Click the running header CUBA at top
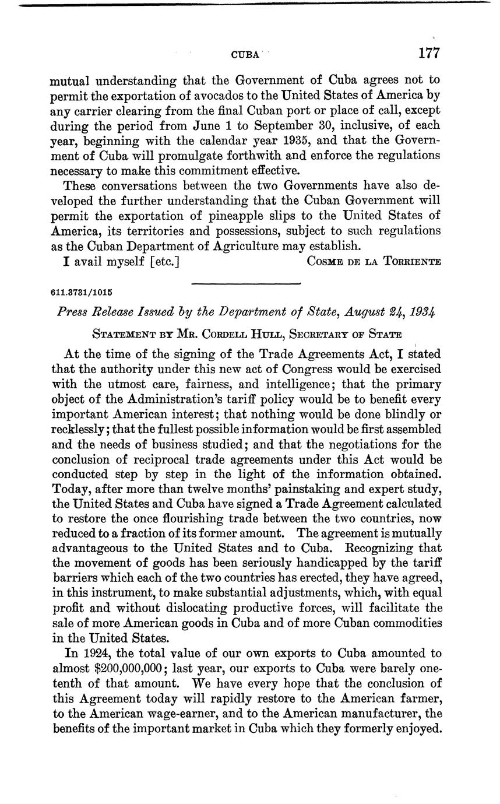pos(245,55)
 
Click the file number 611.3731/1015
pos(82,292)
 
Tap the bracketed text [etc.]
pos(164,261)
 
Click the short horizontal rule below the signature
pos(245,283)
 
